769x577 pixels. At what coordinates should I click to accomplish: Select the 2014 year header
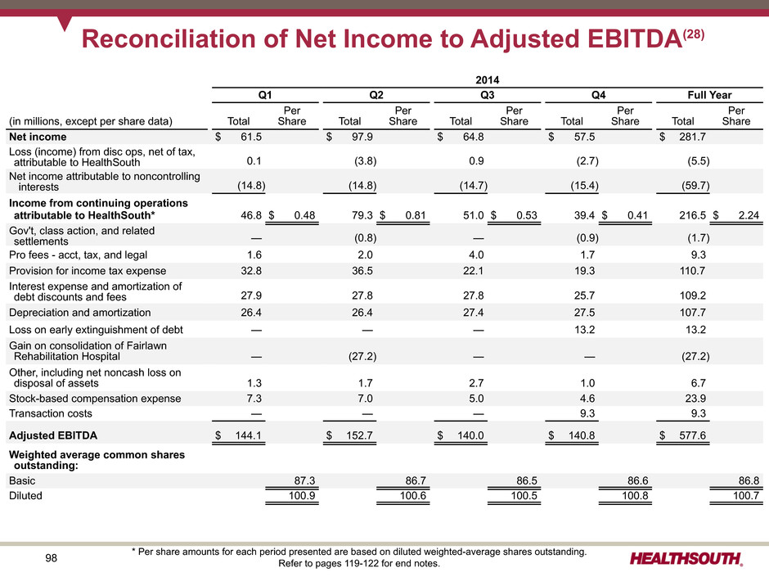click(487, 79)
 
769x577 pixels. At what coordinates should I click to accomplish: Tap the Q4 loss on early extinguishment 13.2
click(583, 330)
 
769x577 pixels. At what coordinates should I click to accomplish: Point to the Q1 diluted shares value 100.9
click(301, 496)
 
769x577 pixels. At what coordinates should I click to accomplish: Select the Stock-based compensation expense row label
click(95, 399)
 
